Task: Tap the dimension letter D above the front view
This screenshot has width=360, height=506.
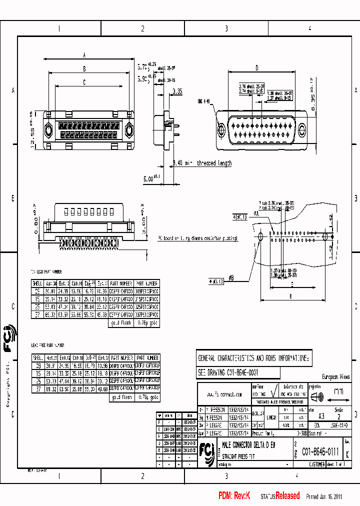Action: [256, 68]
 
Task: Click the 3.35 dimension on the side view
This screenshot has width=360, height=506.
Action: [177, 91]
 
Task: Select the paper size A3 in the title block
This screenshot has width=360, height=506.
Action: [321, 416]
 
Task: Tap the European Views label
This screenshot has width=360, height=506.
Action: [335, 376]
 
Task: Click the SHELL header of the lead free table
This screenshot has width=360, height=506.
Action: [37, 358]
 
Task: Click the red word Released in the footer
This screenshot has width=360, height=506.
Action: [287, 496]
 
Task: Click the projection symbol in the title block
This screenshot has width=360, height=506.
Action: [318, 397]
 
